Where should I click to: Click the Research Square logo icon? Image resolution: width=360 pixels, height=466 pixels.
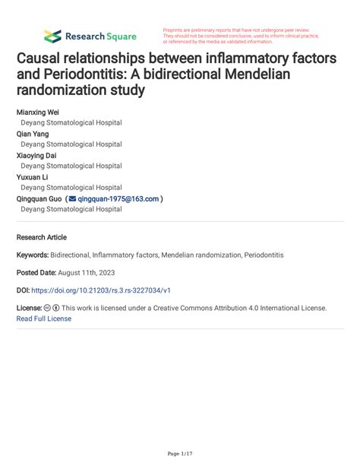point(52,36)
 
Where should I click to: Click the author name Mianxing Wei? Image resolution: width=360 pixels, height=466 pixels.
point(37,111)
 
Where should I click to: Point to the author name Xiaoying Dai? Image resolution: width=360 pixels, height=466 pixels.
point(36,154)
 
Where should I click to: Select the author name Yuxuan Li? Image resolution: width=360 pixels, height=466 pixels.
point(32,176)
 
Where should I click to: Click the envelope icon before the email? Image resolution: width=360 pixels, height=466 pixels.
point(72,198)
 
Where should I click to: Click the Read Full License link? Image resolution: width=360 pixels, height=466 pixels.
point(44,319)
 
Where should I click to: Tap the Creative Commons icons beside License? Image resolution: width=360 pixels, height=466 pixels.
point(52,309)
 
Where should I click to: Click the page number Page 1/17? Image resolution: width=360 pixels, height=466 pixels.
point(179,453)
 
